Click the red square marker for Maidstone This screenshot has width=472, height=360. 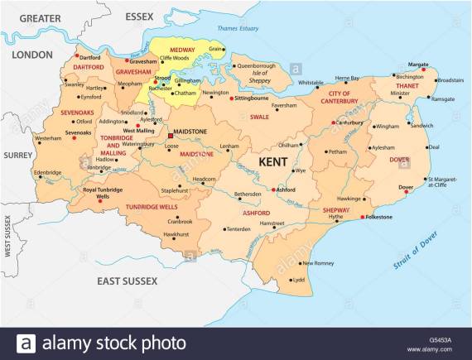click(x=171, y=135)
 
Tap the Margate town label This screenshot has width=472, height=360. click(x=418, y=64)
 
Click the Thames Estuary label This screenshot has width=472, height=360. click(x=237, y=29)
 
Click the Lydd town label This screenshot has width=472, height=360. click(x=299, y=280)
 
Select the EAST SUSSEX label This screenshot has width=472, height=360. click(x=126, y=281)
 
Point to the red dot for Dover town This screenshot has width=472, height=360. click(x=412, y=188)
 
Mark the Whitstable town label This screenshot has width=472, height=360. click(x=311, y=83)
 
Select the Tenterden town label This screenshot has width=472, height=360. click(x=238, y=228)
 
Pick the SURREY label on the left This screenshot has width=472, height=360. click(x=17, y=155)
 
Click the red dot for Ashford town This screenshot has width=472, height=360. click(x=272, y=190)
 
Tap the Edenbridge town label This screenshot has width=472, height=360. click(x=47, y=172)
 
